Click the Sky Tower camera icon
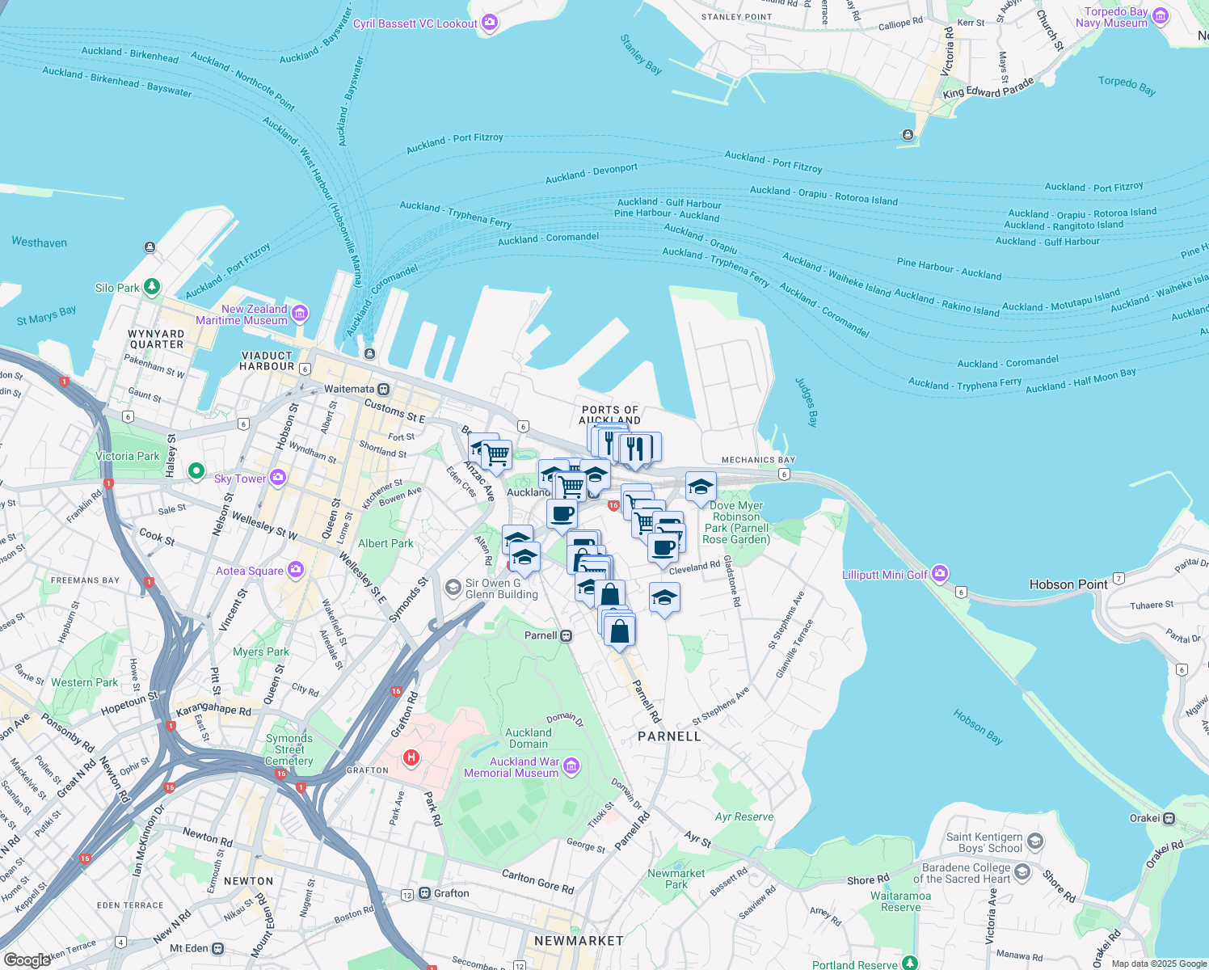(278, 478)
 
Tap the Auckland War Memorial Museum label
(511, 767)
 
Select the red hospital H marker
(411, 757)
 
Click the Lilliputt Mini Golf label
(885, 575)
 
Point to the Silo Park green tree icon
(151, 287)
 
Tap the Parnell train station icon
(567, 635)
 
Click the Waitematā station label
(349, 389)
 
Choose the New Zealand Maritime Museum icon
(300, 313)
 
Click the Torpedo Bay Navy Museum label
(1115, 17)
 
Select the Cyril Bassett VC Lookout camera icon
(490, 23)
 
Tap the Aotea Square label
(250, 571)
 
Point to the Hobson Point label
(1068, 584)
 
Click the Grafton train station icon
(424, 893)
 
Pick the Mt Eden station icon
(217, 948)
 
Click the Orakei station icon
(1169, 818)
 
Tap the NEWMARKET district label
(579, 941)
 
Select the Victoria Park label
(128, 456)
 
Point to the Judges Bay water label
(807, 402)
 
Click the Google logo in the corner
(27, 959)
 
